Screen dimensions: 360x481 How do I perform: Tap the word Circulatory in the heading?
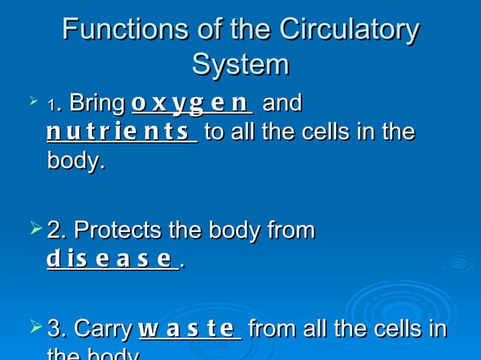point(349,30)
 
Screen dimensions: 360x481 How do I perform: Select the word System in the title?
point(240,65)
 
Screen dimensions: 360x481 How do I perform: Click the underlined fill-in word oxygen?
point(190,102)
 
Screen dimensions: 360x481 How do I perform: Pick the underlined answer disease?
point(110,260)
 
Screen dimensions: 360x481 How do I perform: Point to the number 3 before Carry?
point(55,330)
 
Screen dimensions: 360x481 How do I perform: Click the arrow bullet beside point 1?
point(32,99)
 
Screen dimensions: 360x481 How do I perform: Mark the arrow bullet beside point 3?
point(34,328)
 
